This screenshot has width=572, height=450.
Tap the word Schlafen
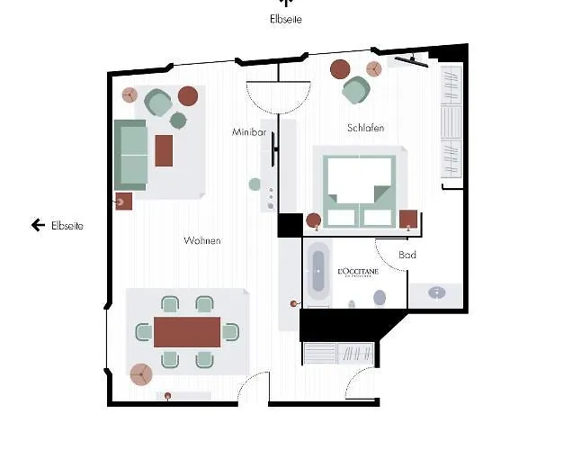pos(365,129)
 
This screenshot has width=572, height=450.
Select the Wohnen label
pos(202,241)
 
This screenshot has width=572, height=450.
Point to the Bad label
pos(407,256)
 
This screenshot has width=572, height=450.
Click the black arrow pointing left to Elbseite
pos(38,225)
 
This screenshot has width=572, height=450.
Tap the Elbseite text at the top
pos(286,18)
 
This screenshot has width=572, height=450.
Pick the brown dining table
pos(186,331)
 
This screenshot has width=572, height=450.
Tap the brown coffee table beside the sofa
pos(164,150)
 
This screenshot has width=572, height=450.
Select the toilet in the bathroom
pos(380,297)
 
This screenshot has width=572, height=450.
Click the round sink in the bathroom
pos(437,292)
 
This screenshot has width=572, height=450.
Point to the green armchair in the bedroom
pos(354,90)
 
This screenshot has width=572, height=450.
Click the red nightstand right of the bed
pos(409,219)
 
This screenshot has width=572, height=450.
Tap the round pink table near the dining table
pos(140,374)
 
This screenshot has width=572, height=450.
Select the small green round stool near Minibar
pos(255,184)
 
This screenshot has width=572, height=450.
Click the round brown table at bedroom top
pos(340,68)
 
